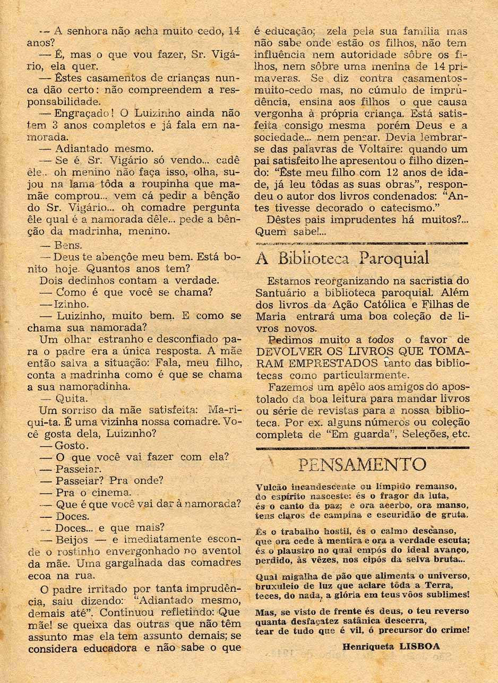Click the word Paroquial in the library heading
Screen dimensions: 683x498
point(393,258)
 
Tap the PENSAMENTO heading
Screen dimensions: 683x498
point(362,464)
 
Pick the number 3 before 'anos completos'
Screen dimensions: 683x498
point(72,125)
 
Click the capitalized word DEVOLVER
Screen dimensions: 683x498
point(283,351)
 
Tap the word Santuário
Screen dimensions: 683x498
point(279,292)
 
